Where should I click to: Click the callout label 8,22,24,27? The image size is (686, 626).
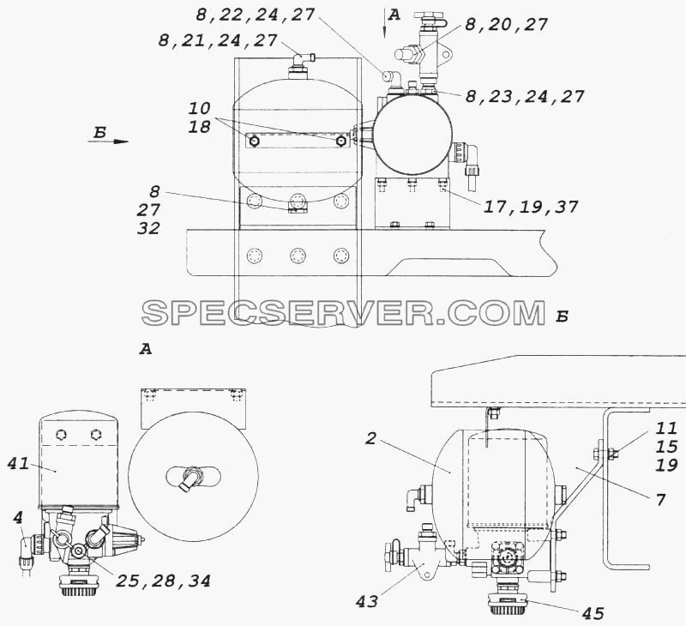[255, 15]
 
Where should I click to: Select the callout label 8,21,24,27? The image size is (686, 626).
[218, 40]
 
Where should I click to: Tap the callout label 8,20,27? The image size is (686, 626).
[506, 25]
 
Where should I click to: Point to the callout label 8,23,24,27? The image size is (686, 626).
[525, 96]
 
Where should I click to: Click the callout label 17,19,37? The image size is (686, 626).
[530, 207]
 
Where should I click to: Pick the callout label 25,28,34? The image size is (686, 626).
[163, 581]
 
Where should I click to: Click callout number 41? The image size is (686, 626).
[18, 464]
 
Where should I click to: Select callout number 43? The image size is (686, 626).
[367, 602]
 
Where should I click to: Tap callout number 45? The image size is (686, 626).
[593, 613]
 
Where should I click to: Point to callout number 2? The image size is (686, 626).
[370, 438]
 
